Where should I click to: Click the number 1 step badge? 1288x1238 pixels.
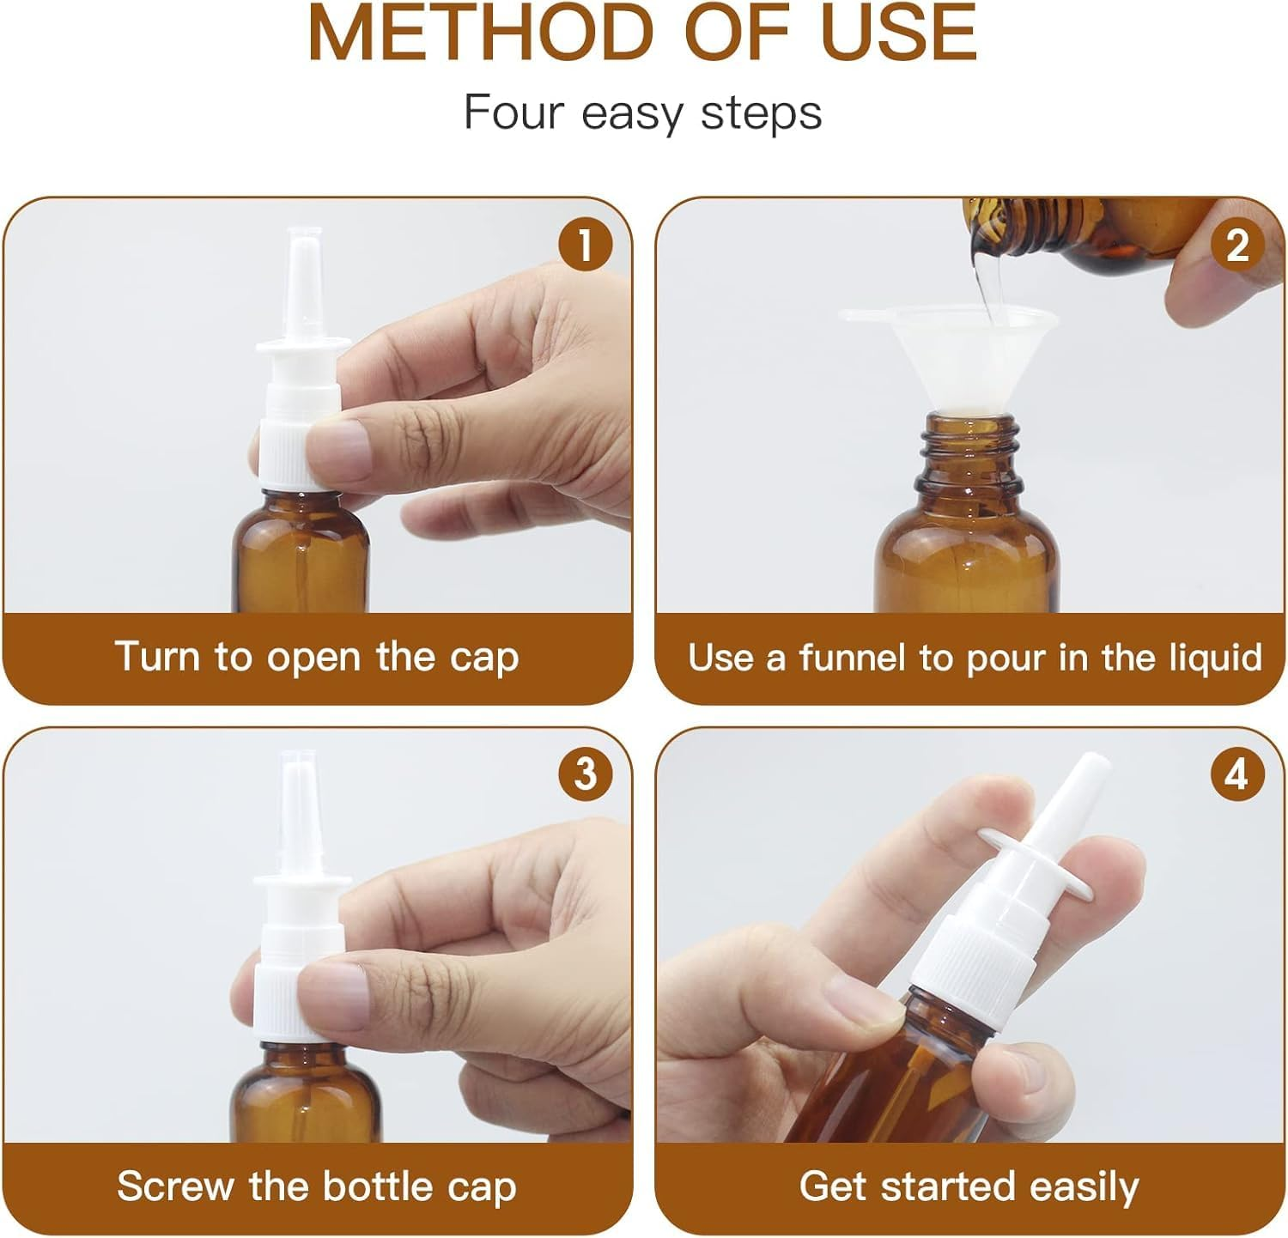tap(585, 246)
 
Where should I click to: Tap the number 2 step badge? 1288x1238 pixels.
tap(1236, 246)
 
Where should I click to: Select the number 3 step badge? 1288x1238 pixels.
tap(585, 774)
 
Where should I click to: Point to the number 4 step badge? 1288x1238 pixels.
tap(1236, 774)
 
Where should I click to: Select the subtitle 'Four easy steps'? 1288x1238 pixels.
tap(642, 112)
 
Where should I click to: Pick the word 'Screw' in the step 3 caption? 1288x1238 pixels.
tap(176, 1186)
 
